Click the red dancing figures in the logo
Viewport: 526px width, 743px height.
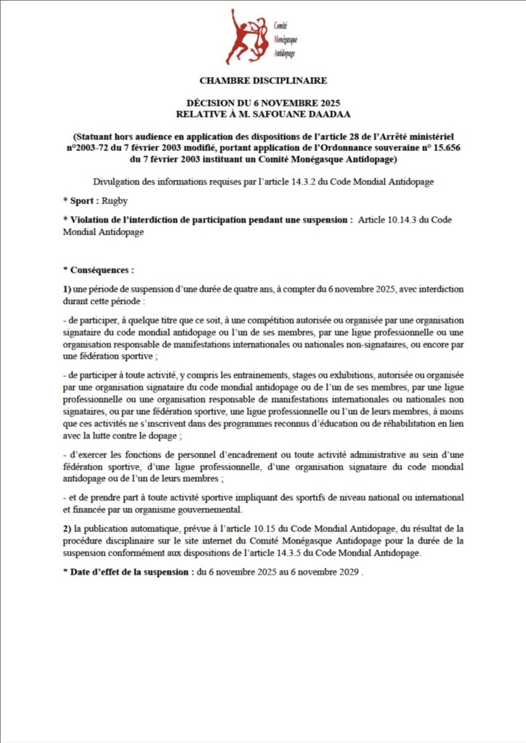(x=246, y=37)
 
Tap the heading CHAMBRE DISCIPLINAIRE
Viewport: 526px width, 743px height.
(x=263, y=81)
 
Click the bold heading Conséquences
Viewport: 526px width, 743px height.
(x=101, y=270)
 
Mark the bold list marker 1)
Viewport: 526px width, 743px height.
(x=67, y=289)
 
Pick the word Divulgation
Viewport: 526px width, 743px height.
(x=118, y=181)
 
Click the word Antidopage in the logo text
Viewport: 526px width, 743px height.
(x=286, y=54)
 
